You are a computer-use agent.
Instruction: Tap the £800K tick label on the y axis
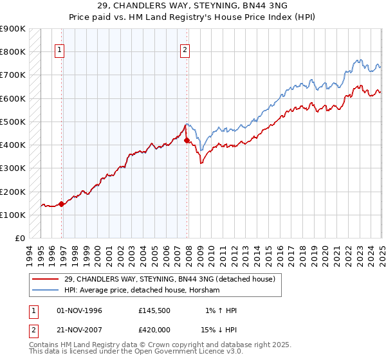coord(13,51)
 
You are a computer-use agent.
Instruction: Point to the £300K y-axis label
coord(13,168)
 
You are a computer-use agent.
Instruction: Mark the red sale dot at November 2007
coord(187,139)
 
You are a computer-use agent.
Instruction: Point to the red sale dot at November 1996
coord(62,204)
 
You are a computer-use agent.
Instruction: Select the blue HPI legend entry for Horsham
coord(142,291)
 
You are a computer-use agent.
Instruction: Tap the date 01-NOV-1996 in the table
coord(80,310)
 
